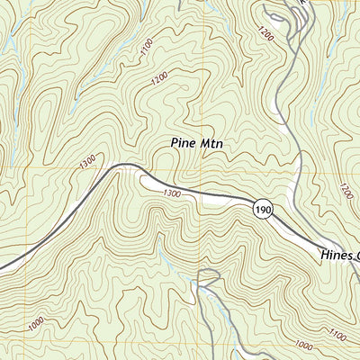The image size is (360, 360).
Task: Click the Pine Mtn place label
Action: (x=196, y=142)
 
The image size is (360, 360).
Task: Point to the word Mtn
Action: (x=210, y=142)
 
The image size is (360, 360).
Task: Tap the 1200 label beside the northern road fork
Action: (x=264, y=35)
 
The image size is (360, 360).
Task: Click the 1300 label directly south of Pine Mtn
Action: (x=172, y=193)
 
